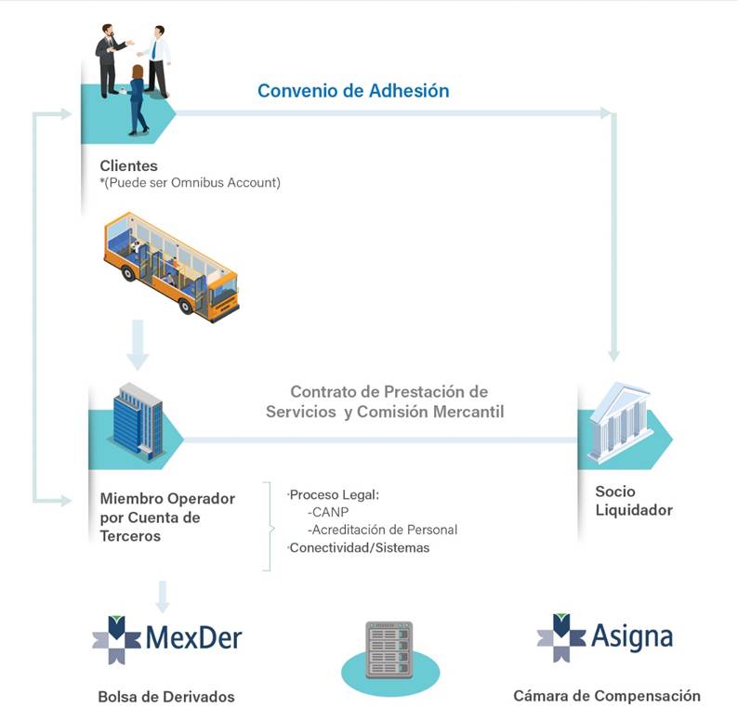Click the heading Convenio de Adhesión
pyautogui.click(x=353, y=91)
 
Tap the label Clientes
pyautogui.click(x=129, y=166)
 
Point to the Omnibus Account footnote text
pyautogui.click(x=191, y=183)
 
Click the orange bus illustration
pyautogui.click(x=171, y=267)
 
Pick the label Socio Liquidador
pyautogui.click(x=634, y=501)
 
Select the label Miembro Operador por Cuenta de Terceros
pyautogui.click(x=167, y=518)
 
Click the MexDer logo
pyautogui.click(x=167, y=638)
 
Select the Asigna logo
pyautogui.click(x=604, y=637)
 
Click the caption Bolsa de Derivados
pyautogui.click(x=166, y=697)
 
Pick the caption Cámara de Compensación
pyautogui.click(x=607, y=696)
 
